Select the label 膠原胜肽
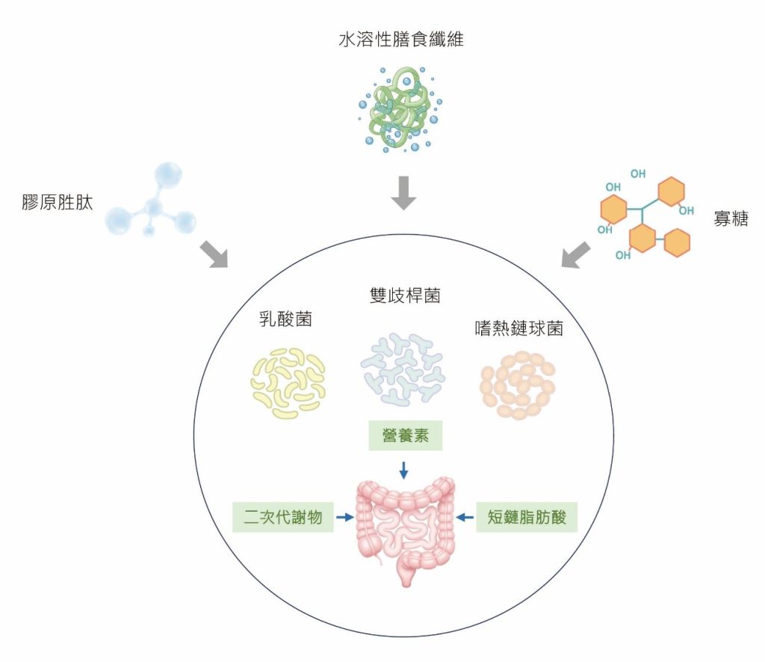click(58, 202)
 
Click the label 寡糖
click(731, 219)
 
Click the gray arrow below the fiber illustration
click(402, 193)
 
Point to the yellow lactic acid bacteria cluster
click(287, 381)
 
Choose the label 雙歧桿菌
click(405, 295)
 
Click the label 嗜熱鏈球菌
click(518, 328)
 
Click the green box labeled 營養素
click(406, 436)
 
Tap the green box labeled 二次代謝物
click(282, 516)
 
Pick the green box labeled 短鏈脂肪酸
click(527, 516)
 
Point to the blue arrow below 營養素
click(404, 470)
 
